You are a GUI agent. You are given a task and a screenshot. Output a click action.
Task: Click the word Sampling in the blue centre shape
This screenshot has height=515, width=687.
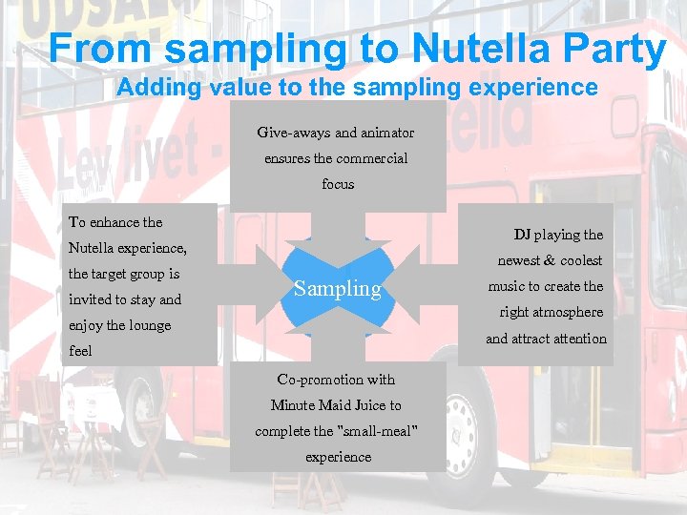click(337, 289)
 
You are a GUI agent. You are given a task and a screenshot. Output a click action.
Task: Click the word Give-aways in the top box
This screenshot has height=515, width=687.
click(293, 133)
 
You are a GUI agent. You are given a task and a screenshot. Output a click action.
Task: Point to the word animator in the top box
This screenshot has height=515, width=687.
click(385, 133)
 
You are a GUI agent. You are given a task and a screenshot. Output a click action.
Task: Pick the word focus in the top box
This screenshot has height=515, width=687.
click(338, 184)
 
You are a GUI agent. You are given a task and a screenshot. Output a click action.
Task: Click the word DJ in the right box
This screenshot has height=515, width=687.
click(522, 235)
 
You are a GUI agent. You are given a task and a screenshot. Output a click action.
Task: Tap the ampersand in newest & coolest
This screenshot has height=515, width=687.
click(550, 260)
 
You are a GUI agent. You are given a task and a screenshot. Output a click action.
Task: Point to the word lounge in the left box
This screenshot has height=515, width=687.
click(149, 325)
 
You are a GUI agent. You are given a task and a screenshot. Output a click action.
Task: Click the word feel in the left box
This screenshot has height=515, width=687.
click(80, 351)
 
